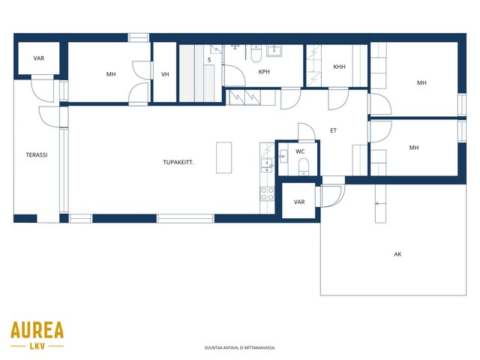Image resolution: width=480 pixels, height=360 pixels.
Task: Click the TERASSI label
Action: click(37, 155)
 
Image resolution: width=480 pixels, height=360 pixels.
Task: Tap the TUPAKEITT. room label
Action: click(178, 162)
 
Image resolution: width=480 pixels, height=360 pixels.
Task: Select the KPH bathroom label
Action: click(264, 72)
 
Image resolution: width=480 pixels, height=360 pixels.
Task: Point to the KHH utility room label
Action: click(339, 67)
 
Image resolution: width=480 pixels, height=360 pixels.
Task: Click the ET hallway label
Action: click(333, 130)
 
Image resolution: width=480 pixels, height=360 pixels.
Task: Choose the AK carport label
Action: click(397, 254)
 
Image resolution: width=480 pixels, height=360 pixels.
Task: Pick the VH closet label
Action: click(165, 74)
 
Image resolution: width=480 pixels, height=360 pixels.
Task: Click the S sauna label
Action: click(209, 60)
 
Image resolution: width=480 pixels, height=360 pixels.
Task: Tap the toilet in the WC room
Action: click(304, 166)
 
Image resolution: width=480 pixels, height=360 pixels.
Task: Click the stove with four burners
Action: click(267, 193)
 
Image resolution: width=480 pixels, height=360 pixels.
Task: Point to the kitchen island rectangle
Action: click(223, 157)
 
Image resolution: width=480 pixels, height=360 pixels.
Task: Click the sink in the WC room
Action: click(283, 156)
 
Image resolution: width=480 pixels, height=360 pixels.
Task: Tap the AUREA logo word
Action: click(37, 330)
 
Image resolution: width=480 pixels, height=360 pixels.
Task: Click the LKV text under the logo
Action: click(37, 346)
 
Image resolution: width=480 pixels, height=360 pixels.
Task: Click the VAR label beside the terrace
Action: click(38, 58)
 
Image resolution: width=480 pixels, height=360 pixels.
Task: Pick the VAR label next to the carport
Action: click(299, 202)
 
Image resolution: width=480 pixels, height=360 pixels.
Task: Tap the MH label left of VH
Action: click(111, 74)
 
